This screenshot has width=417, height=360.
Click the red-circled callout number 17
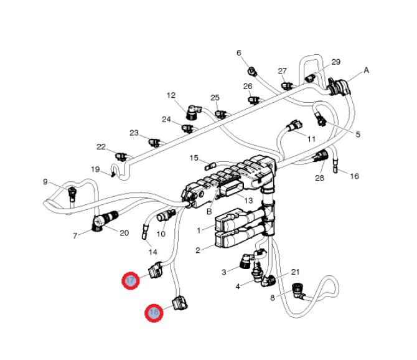pos(130,281)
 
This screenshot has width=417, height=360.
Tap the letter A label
pos(366,71)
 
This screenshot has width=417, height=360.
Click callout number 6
pos(238,53)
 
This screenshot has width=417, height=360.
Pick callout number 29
pos(336,62)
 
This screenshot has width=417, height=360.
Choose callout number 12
pos(171,95)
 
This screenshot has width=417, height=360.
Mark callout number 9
pos(45,182)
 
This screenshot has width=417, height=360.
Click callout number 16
pos(354,176)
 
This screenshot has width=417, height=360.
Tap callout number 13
pos(248,201)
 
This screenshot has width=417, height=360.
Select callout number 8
pos(272,298)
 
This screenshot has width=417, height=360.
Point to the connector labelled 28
pos(322,155)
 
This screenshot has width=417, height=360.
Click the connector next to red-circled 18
pos(179,303)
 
